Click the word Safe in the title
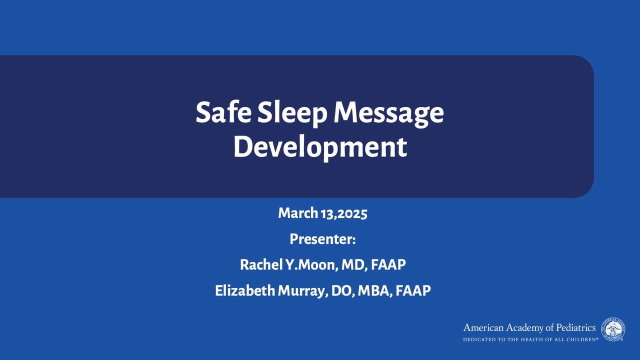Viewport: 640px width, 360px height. [x=223, y=112]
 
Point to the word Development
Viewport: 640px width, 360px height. [x=320, y=147]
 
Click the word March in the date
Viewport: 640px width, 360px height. [x=298, y=213]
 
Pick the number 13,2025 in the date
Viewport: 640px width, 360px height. [x=344, y=213]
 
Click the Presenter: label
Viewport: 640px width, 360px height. [x=322, y=239]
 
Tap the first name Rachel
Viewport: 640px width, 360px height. [x=261, y=264]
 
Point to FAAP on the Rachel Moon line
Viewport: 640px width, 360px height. [x=388, y=264]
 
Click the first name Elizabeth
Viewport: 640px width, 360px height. [x=245, y=290]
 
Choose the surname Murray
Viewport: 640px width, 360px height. [x=303, y=291]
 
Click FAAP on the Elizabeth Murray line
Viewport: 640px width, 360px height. [x=413, y=290]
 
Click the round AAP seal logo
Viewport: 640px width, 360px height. [x=613, y=329]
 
